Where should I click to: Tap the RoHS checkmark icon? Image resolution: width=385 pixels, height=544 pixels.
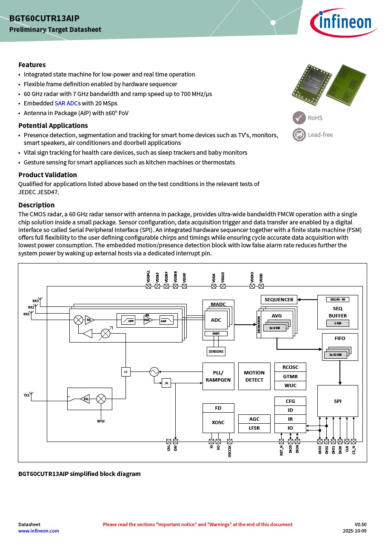299,118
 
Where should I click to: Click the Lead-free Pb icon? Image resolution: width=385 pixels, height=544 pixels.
299,135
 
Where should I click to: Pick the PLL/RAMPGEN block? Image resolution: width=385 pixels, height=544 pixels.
218,376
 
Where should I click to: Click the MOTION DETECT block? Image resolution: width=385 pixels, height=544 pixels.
254,376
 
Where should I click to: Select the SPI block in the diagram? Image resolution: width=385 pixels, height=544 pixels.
337,401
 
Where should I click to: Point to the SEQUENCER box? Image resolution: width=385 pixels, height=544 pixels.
279,300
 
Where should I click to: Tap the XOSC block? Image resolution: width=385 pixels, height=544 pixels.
218,422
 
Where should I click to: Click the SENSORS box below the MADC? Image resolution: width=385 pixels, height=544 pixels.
216,351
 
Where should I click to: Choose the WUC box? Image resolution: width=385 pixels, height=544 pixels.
290,385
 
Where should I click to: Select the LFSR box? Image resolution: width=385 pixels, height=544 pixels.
254,428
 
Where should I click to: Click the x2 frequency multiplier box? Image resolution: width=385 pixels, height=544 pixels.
125,372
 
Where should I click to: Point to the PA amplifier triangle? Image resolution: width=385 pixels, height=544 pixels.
86,399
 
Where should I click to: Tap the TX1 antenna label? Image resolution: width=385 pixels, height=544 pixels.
26,396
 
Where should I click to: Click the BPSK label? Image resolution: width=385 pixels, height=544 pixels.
101,421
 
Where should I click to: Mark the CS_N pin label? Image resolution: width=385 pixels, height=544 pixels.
354,450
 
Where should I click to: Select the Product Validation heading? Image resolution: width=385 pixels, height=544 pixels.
48,175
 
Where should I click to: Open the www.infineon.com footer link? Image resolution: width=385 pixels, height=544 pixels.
39,531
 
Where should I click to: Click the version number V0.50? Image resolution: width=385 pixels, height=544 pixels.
360,524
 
